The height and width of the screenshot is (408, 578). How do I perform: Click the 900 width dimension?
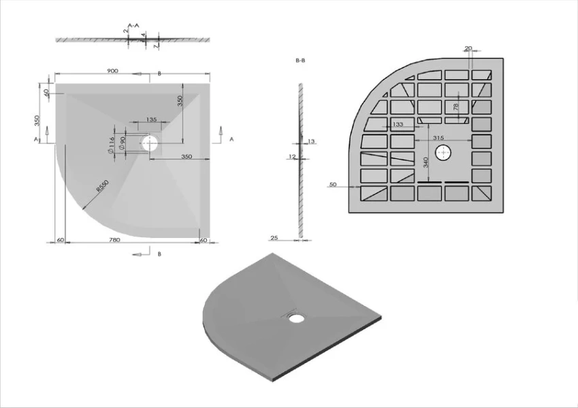tap(113, 71)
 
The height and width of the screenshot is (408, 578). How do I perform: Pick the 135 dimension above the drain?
tap(151, 120)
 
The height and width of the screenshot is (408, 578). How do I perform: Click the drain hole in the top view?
tap(150, 143)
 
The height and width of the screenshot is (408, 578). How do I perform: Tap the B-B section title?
tap(300, 61)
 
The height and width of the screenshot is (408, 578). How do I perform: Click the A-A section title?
tap(133, 25)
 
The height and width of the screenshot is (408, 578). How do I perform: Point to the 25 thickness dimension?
tap(274, 239)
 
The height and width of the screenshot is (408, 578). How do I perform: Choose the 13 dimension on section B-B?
tap(311, 141)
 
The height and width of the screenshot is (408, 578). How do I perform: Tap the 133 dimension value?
tap(398, 124)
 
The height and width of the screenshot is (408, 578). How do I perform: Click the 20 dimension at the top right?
tap(468, 48)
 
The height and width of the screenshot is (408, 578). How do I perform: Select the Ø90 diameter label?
tap(122, 143)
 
